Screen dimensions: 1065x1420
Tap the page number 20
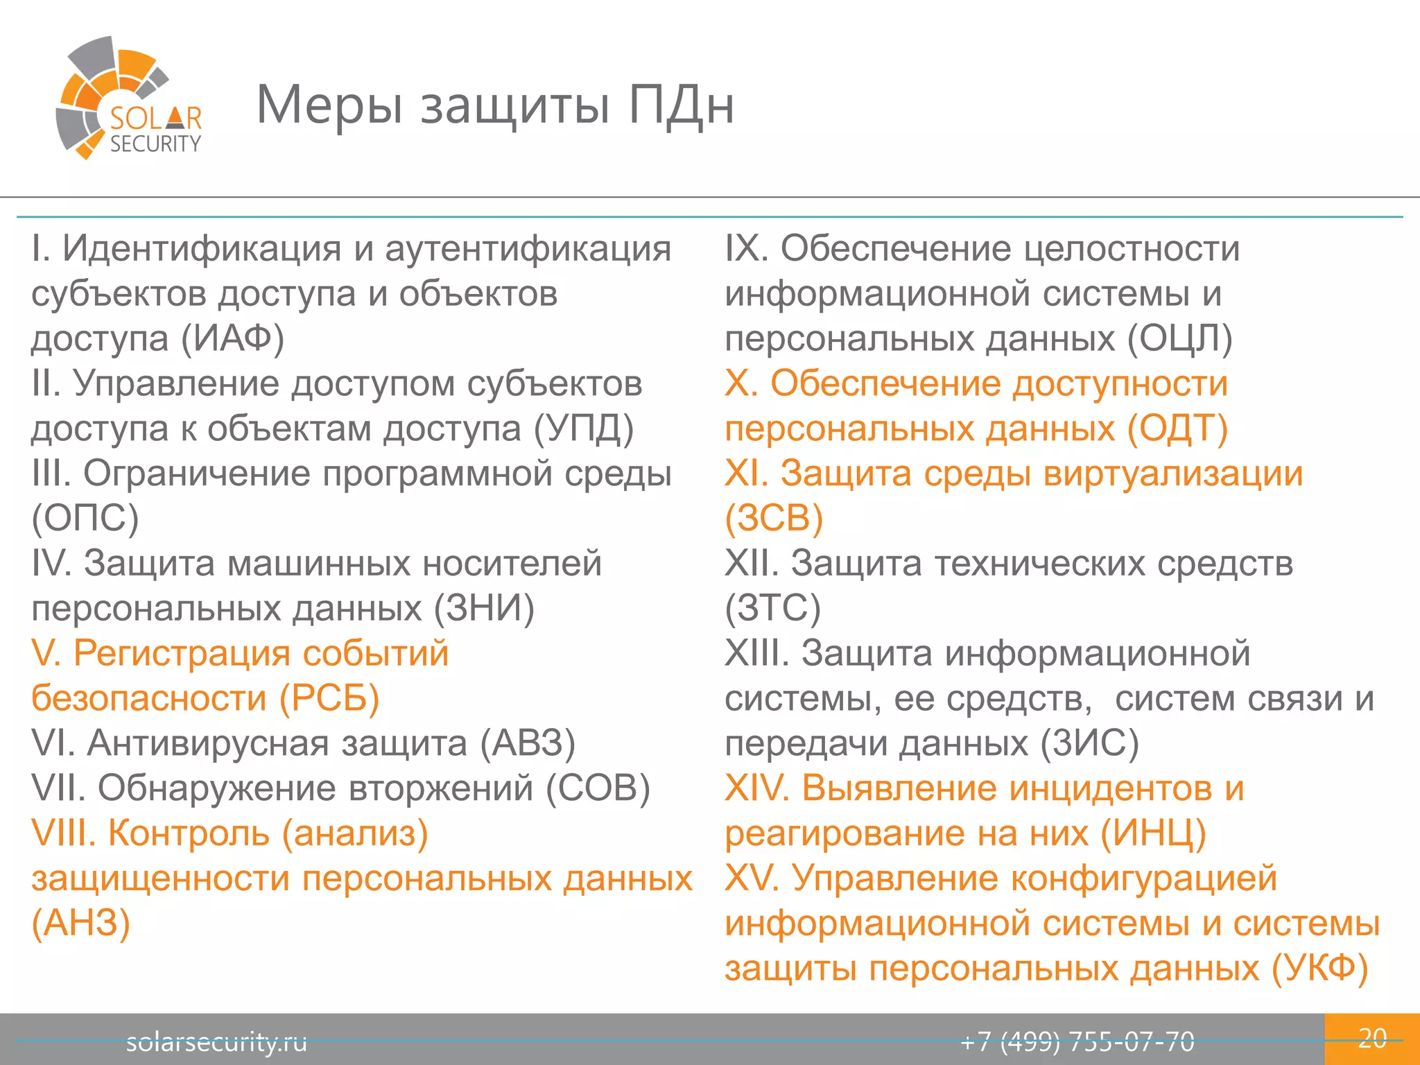(1372, 1038)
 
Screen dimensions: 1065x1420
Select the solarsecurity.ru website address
(216, 1041)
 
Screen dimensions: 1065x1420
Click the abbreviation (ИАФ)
(233, 339)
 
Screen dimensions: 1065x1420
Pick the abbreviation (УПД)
(584, 428)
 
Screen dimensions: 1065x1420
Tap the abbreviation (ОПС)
(85, 518)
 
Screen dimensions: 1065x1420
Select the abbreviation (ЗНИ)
(484, 608)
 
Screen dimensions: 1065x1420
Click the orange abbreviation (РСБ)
(329, 698)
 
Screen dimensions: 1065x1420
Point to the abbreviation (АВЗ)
(528, 743)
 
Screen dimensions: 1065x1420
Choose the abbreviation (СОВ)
(598, 788)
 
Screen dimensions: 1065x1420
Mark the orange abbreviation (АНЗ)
(81, 923)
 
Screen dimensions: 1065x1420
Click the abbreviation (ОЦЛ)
(1179, 339)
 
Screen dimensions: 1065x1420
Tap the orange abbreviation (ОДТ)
(1177, 428)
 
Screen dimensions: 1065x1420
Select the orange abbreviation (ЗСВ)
(774, 518)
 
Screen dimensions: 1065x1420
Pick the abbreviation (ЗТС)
(772, 608)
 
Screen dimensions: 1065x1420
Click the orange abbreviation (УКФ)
(1319, 968)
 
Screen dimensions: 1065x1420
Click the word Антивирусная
(208, 743)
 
